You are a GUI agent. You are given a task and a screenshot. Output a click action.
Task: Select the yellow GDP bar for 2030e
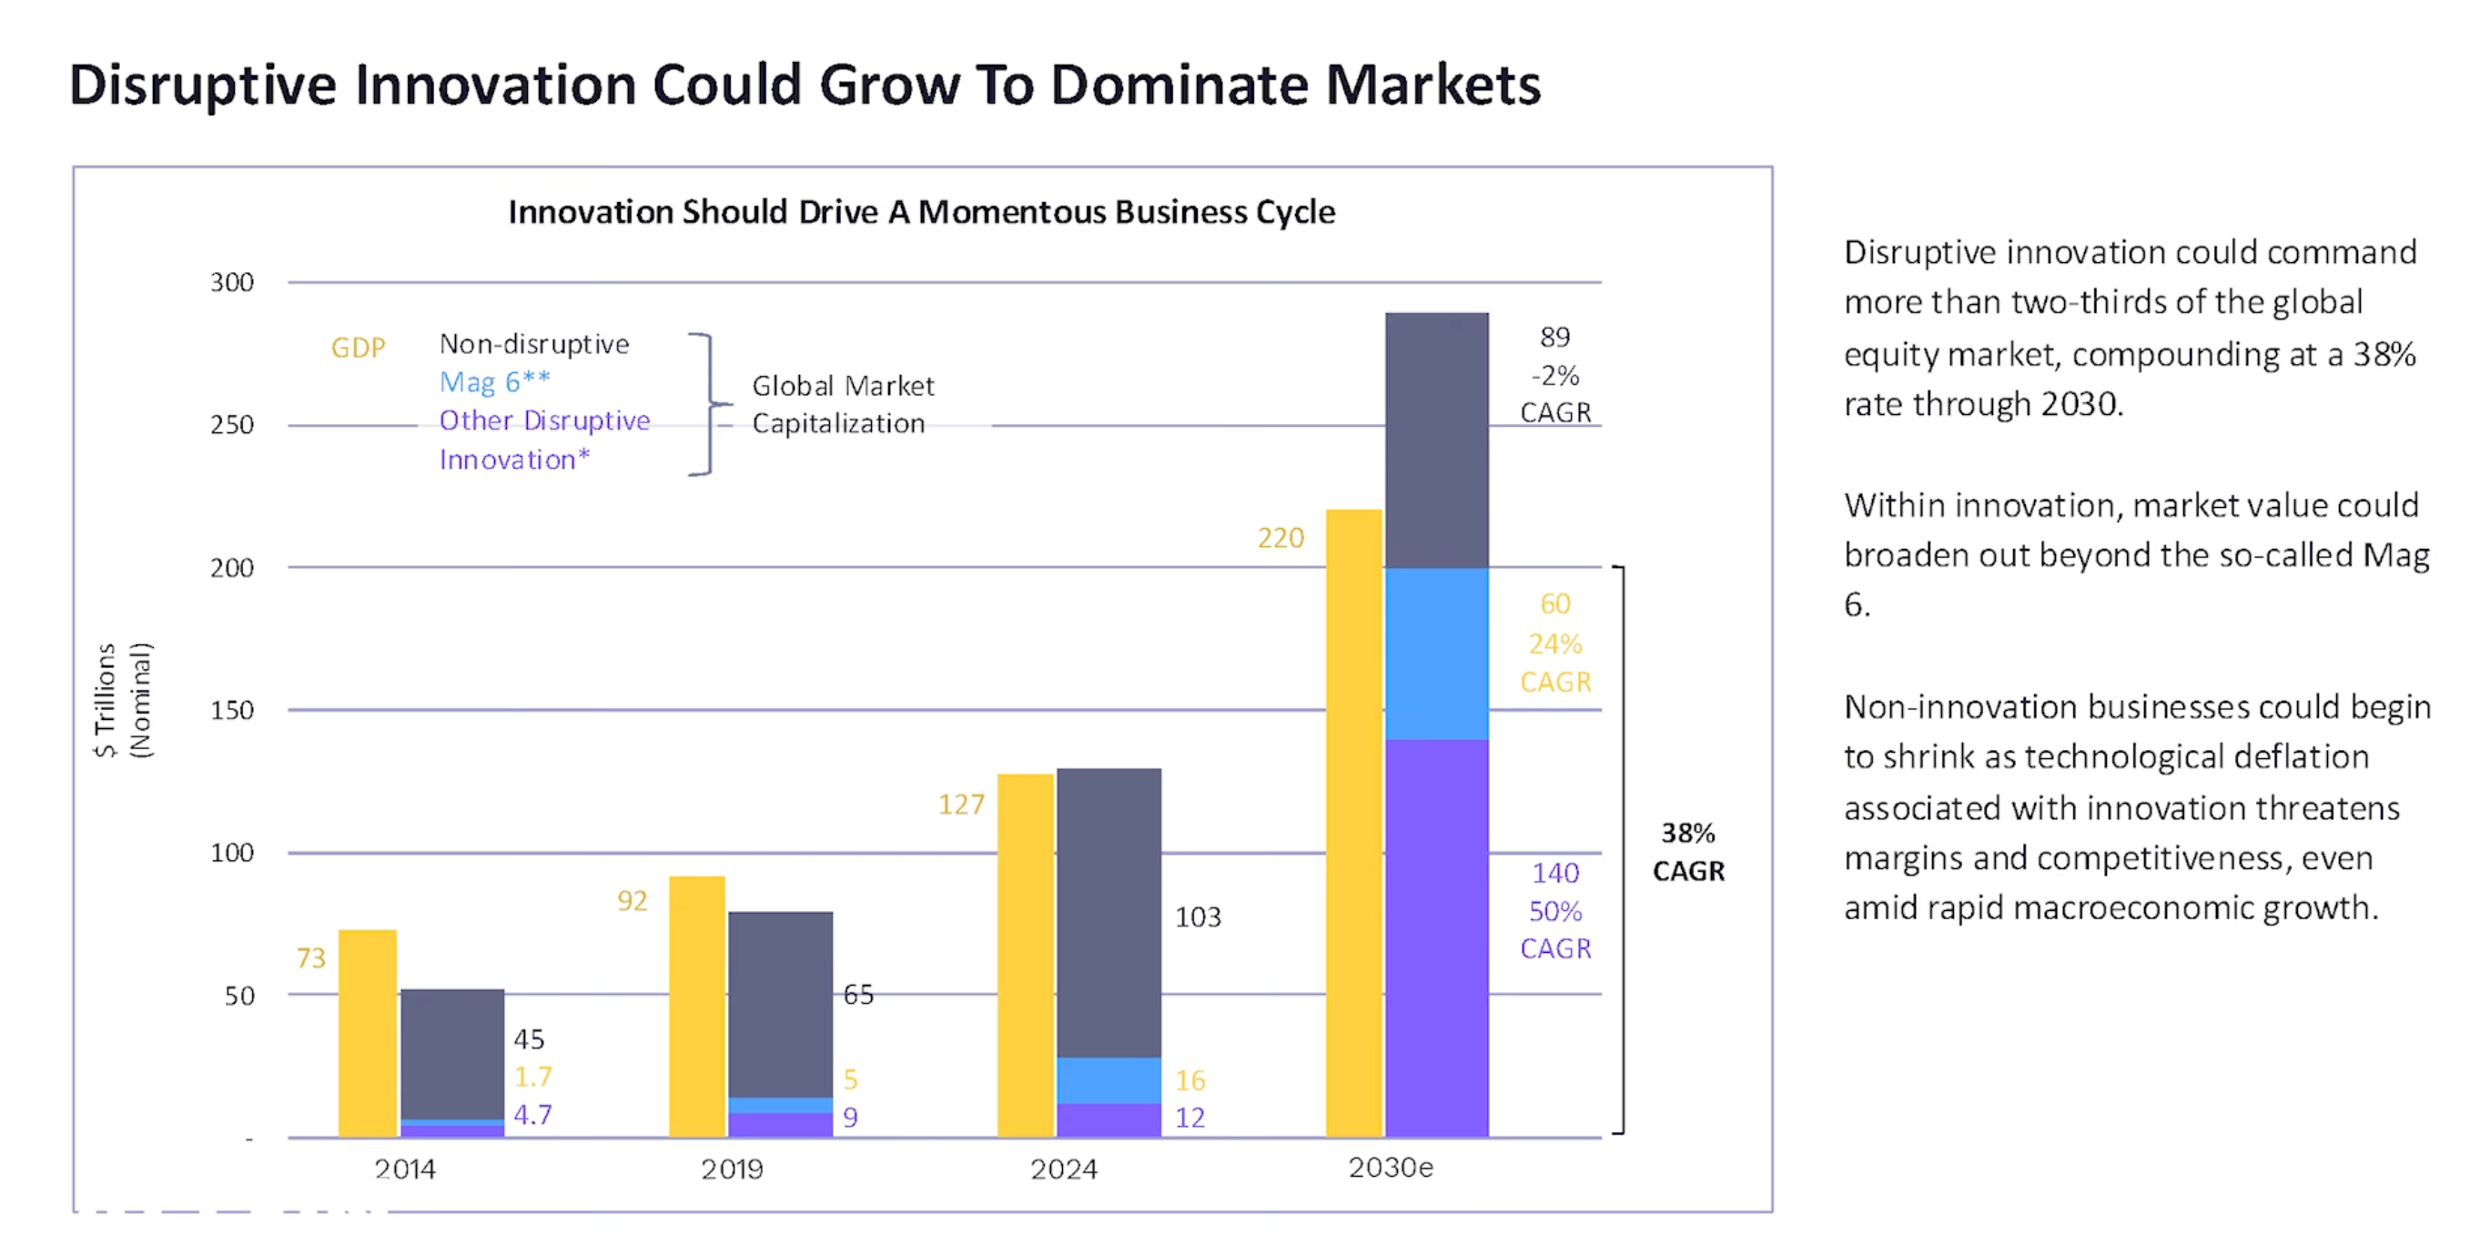coord(1353,822)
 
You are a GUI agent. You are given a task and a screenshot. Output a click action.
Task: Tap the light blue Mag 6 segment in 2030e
coord(1436,653)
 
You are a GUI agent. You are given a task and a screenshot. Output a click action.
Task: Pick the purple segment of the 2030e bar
coord(1436,937)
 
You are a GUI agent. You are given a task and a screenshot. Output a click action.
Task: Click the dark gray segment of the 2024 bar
coord(1108,912)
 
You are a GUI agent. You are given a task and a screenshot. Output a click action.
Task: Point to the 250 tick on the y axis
coord(232,424)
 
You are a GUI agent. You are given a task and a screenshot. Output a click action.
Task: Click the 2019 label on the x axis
coord(732,1170)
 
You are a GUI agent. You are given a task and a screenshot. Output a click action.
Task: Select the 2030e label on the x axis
coord(1390,1168)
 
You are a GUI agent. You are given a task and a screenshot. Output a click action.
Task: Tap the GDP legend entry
coord(358,347)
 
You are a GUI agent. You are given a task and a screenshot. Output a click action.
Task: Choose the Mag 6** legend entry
coord(494,381)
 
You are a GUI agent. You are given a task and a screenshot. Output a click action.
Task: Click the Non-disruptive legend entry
coord(533,344)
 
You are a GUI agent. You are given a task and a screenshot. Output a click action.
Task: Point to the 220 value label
coord(1280,537)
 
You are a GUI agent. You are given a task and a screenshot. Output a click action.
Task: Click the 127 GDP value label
coord(961,804)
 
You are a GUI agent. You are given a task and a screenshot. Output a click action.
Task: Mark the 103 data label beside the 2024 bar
coord(1198,917)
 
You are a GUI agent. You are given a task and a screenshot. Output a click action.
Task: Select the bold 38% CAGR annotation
coord(1687,851)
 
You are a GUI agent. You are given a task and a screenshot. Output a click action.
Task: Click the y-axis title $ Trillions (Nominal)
coord(123,700)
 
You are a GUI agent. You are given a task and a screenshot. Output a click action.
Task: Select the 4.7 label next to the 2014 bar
coord(532,1114)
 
